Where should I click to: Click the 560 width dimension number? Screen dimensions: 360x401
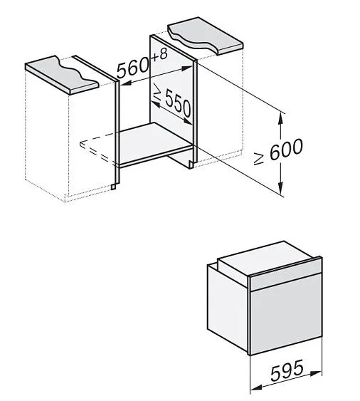pyautogui.click(x=133, y=68)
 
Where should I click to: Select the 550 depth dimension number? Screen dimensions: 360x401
pyautogui.click(x=178, y=103)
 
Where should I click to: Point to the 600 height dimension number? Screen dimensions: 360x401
pyautogui.click(x=286, y=150)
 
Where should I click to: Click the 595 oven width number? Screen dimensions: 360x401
pyautogui.click(x=287, y=370)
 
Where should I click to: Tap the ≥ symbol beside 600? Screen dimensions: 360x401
pyautogui.click(x=258, y=160)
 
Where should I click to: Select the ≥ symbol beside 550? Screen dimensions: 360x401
pyautogui.click(x=157, y=92)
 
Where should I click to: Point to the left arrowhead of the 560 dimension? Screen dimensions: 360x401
pyautogui.click(x=125, y=83)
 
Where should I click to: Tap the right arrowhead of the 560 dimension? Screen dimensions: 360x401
pyautogui.click(x=186, y=68)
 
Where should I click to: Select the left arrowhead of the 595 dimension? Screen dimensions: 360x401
pyautogui.click(x=256, y=387)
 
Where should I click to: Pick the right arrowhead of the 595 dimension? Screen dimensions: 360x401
pyautogui.click(x=316, y=373)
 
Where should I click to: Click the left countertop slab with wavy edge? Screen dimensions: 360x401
pyautogui.click(x=62, y=74)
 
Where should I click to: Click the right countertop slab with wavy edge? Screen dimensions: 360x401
pyautogui.click(x=205, y=36)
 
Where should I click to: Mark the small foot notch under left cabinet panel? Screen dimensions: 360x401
pyautogui.click(x=113, y=187)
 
